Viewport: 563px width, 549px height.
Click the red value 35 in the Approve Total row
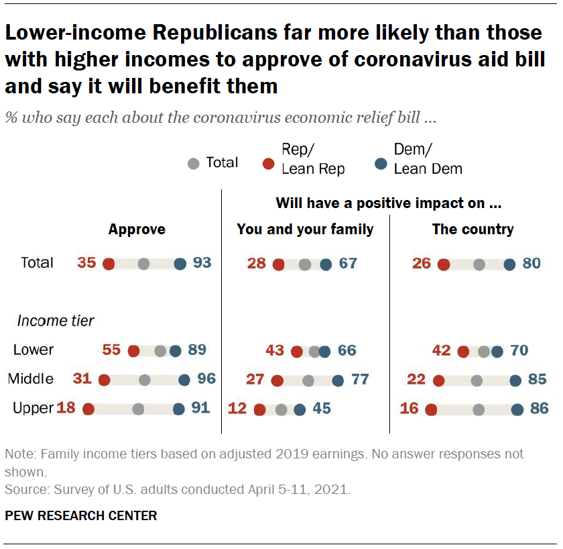tap(86, 263)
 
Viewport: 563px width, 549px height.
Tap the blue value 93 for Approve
tap(202, 263)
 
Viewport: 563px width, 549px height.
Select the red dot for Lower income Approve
tap(133, 350)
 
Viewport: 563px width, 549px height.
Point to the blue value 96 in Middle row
tap(206, 379)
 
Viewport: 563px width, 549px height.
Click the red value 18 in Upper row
tap(65, 407)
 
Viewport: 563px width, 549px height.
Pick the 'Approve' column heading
tap(137, 230)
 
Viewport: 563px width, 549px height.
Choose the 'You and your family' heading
tap(305, 230)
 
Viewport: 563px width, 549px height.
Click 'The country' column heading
tap(473, 230)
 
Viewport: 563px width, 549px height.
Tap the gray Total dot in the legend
tap(194, 163)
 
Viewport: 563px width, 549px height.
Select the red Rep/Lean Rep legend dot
tap(269, 162)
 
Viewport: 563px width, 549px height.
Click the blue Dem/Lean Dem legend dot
tap(380, 162)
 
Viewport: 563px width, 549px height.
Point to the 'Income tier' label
tap(56, 321)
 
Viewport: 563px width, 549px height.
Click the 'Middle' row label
tap(31, 379)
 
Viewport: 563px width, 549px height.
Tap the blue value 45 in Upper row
tap(322, 408)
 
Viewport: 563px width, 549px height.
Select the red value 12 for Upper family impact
tap(237, 408)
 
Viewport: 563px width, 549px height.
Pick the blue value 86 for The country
tap(540, 408)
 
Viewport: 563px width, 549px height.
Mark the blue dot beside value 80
tap(509, 264)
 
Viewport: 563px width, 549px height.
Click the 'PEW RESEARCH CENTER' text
tap(81, 516)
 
